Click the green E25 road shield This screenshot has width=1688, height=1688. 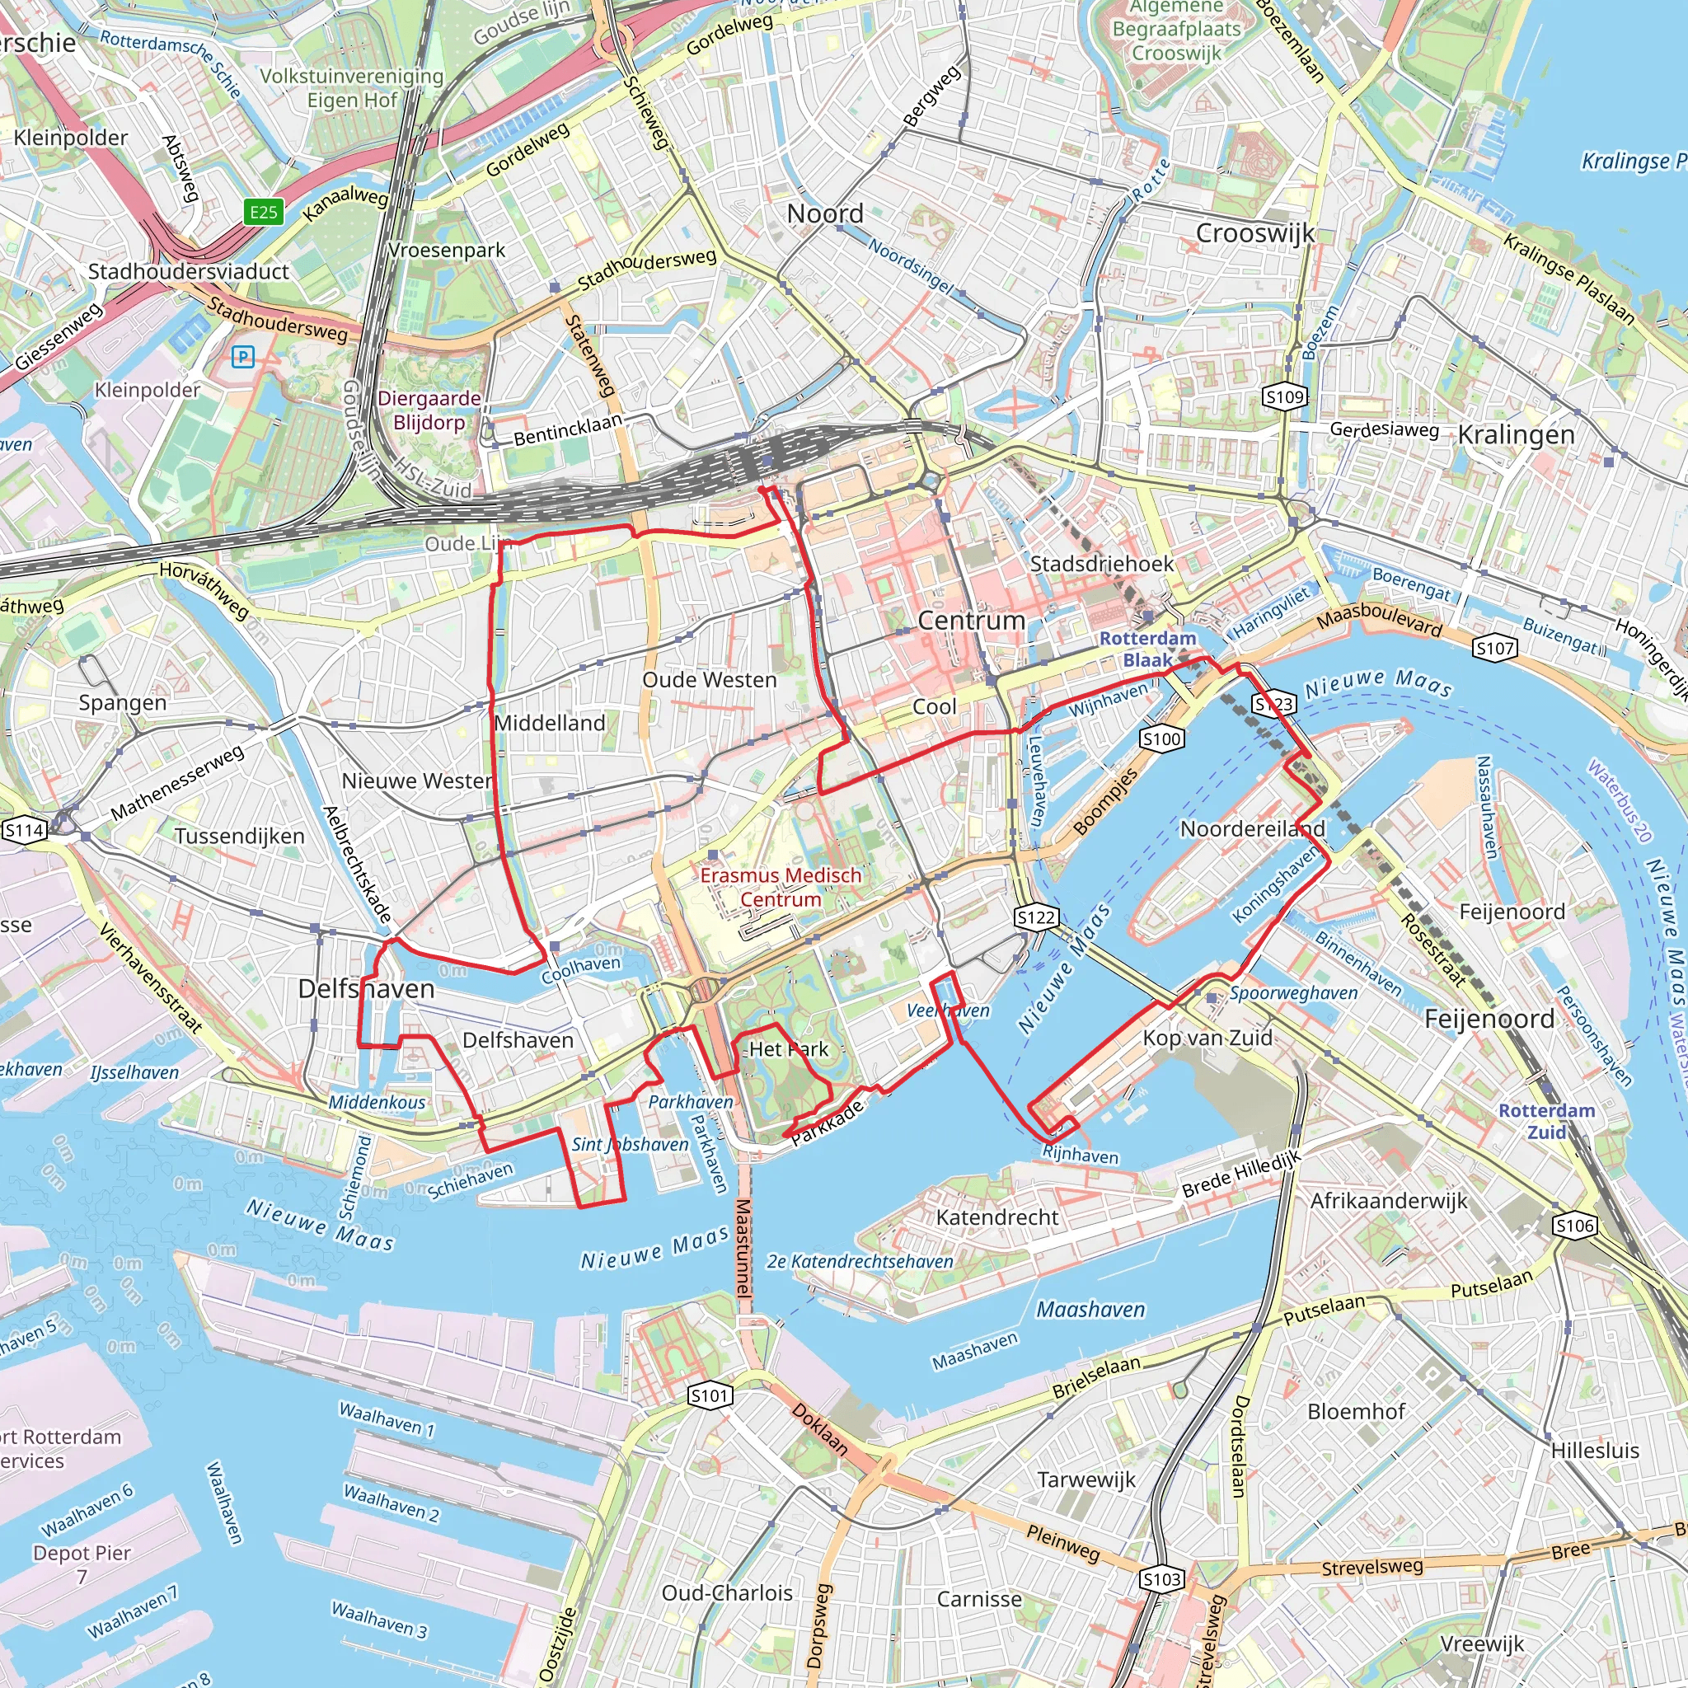pos(263,212)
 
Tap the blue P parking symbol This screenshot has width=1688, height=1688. pos(243,356)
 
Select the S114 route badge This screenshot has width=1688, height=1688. pos(24,830)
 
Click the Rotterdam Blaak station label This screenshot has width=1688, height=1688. pos(1147,649)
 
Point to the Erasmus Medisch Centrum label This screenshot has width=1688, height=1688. pos(781,887)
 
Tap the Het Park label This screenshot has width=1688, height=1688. pos(788,1049)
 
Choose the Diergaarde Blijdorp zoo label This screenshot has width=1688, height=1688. pos(429,410)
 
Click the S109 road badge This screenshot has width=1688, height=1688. pos(1284,397)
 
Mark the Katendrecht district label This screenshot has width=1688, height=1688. pos(997,1217)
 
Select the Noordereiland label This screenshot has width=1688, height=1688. pos(1252,828)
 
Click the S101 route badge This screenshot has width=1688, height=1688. pos(710,1395)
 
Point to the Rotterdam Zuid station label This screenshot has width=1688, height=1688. pos(1546,1121)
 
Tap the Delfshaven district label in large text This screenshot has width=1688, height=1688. pos(366,989)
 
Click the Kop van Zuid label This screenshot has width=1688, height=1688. pos(1207,1038)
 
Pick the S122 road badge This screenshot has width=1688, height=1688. pos(1036,917)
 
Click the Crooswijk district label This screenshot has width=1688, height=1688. pos(1254,233)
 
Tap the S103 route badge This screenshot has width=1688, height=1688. pos(1162,1580)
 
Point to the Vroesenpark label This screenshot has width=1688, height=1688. pos(447,251)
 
